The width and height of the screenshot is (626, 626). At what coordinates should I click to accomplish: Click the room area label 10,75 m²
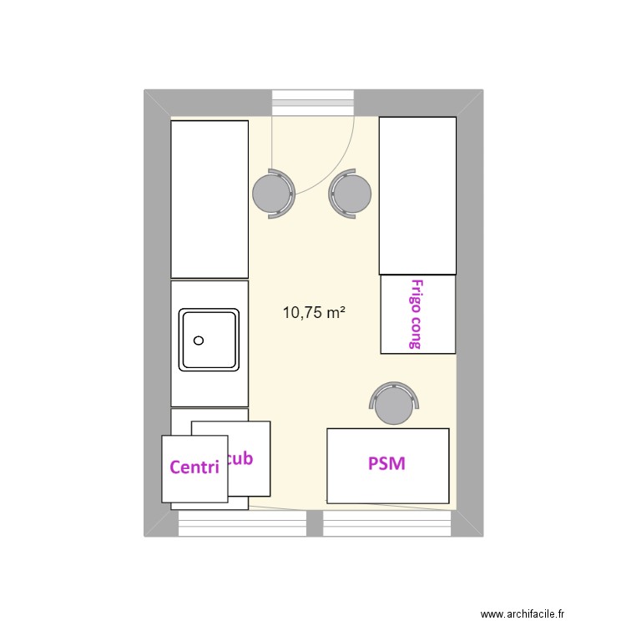[x=314, y=313]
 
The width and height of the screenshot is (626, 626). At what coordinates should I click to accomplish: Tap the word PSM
[x=387, y=463]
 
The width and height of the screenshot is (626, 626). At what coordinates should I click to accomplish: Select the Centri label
[x=194, y=467]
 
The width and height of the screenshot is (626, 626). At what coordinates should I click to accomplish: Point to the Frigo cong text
[x=415, y=313]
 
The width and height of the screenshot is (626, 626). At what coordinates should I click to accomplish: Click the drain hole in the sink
[x=199, y=341]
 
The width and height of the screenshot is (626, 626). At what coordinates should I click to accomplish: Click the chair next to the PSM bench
[x=394, y=405]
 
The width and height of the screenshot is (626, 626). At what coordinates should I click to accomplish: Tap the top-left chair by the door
[x=272, y=194]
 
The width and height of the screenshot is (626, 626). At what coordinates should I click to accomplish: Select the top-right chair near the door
[x=351, y=194]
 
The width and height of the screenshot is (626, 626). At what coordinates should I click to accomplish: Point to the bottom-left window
[x=242, y=524]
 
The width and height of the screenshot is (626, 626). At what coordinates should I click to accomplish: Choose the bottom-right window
[x=388, y=524]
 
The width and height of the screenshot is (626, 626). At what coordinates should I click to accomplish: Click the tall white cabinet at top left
[x=210, y=199]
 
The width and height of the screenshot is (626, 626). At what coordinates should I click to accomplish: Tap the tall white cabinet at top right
[x=417, y=195]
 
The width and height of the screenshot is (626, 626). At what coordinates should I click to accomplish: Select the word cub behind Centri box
[x=240, y=458]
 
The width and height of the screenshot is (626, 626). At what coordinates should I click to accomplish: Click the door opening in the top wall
[x=315, y=103]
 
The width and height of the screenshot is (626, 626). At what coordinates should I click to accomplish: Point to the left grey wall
[x=157, y=313]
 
